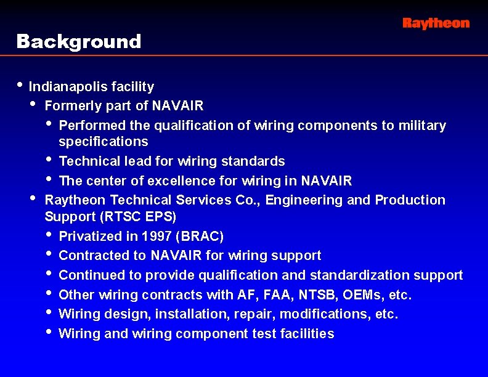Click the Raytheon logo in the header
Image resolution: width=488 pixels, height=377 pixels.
click(x=436, y=23)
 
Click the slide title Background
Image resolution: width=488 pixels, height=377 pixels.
click(x=79, y=42)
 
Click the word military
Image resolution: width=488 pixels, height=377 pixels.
click(x=422, y=126)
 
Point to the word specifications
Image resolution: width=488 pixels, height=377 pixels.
click(x=104, y=142)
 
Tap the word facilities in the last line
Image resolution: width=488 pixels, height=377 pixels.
click(x=308, y=334)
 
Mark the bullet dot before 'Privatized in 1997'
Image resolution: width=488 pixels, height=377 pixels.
click(x=49, y=235)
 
